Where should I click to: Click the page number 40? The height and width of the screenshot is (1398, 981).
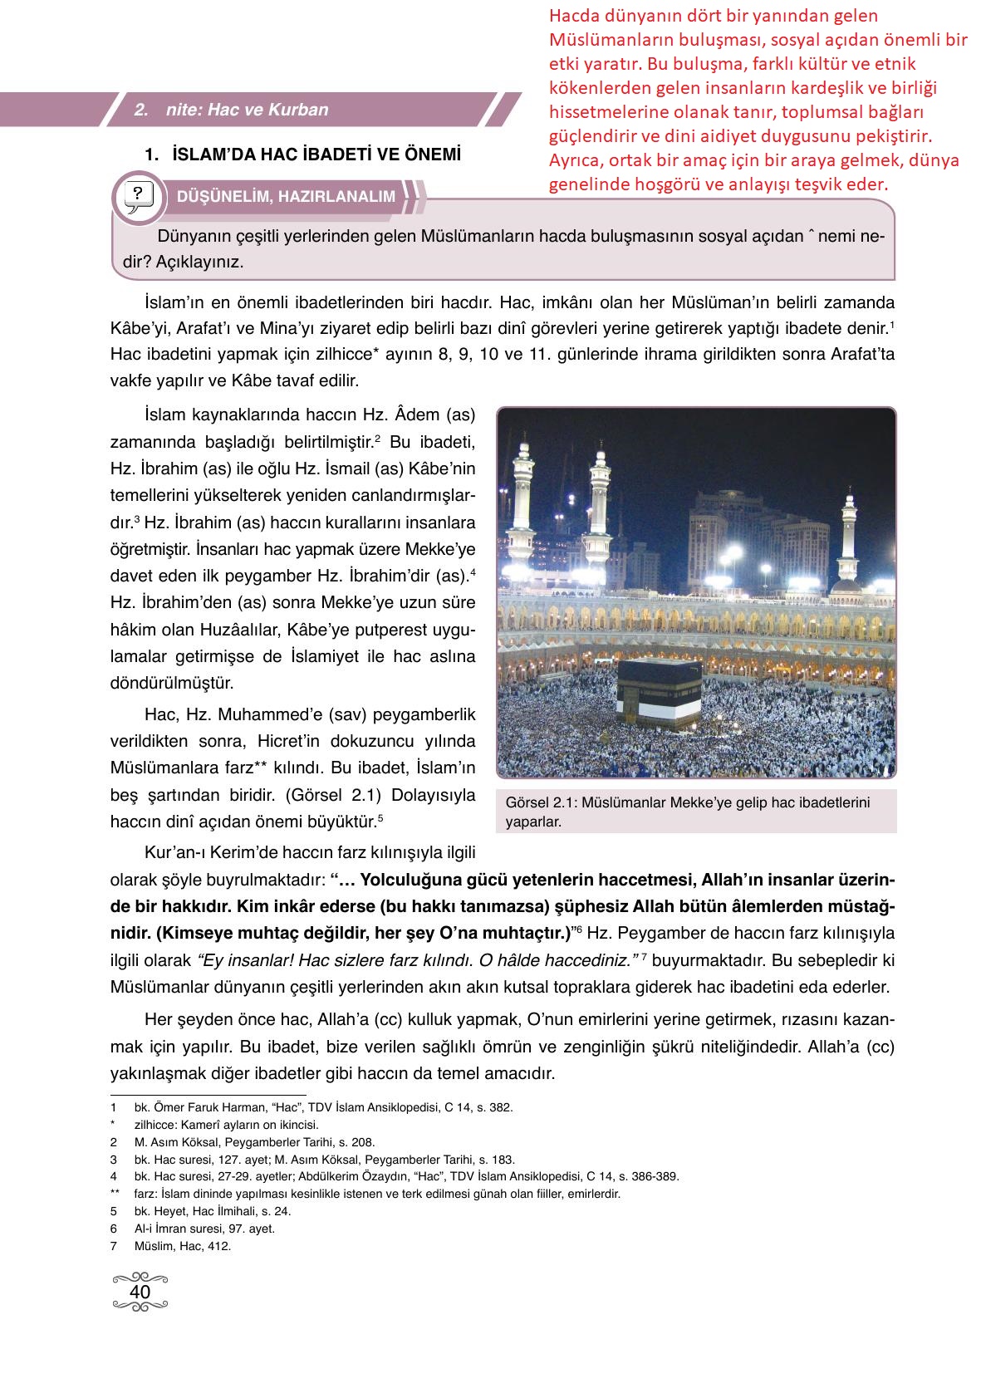click(140, 1293)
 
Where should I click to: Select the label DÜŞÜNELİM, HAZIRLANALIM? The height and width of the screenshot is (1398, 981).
click(286, 197)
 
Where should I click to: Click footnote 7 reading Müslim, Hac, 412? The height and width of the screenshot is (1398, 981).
click(182, 1246)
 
